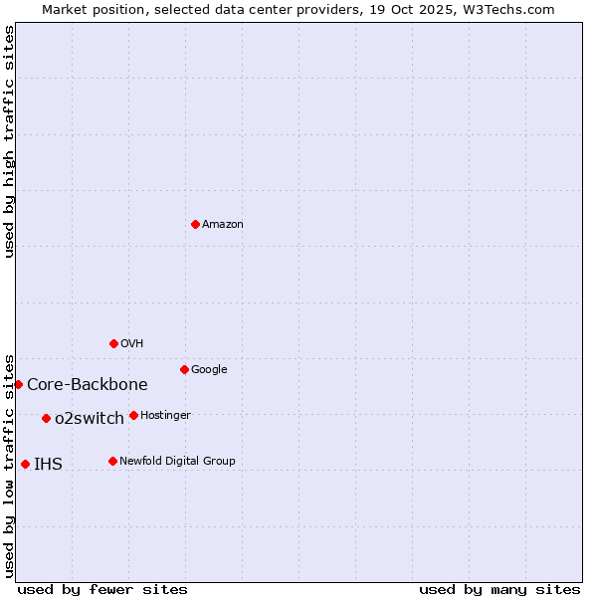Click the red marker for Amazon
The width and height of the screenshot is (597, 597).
click(195, 224)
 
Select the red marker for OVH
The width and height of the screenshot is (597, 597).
click(113, 343)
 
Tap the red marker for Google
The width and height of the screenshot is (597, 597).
click(184, 369)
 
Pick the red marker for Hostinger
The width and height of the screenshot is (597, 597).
click(133, 415)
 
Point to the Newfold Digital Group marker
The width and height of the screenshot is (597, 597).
click(112, 461)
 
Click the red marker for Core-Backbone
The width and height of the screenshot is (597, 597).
click(18, 384)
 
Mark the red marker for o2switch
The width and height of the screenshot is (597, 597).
click(46, 418)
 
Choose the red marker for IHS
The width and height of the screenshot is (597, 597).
click(25, 464)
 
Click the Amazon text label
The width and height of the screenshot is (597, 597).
click(223, 225)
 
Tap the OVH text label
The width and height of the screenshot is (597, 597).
click(132, 344)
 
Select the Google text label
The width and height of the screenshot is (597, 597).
click(209, 370)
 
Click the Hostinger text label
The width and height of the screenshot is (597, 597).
click(165, 416)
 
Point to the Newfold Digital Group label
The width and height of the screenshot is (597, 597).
click(177, 462)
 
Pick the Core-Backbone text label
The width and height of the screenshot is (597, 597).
click(88, 385)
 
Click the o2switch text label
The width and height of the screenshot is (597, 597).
click(90, 419)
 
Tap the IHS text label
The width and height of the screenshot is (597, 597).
click(48, 465)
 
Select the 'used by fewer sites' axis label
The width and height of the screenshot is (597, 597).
click(102, 589)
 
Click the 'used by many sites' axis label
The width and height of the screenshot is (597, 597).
click(499, 589)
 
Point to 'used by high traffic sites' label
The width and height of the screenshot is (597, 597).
click(9, 141)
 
